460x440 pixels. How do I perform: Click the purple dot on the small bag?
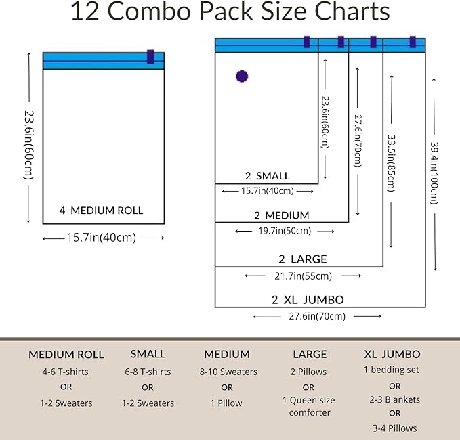click(242, 76)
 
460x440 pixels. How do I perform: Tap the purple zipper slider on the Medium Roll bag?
click(150, 57)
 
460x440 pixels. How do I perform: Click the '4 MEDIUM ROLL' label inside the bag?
click(101, 211)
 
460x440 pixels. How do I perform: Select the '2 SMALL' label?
click(267, 176)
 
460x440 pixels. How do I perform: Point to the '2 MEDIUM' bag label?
click(282, 215)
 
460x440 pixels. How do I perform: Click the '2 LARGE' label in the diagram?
click(302, 259)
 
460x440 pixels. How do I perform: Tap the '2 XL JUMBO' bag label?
click(308, 300)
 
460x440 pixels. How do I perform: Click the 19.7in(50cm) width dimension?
click(285, 231)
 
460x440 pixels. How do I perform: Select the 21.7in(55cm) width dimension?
click(303, 276)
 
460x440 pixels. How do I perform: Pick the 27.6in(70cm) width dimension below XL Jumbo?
click(317, 316)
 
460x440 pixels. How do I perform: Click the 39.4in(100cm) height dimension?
click(434, 173)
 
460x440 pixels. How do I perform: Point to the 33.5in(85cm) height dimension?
click(392, 163)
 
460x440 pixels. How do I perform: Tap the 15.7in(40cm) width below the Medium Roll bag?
click(102, 238)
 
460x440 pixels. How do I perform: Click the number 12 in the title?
click(85, 11)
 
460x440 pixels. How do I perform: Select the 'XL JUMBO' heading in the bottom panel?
click(392, 354)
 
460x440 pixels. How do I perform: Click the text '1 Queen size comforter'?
click(309, 406)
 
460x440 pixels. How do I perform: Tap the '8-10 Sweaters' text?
click(228, 372)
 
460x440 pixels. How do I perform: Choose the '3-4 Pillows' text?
click(394, 428)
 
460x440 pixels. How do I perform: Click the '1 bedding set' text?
click(392, 370)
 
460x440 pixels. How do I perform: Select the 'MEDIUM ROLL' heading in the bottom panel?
click(66, 355)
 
